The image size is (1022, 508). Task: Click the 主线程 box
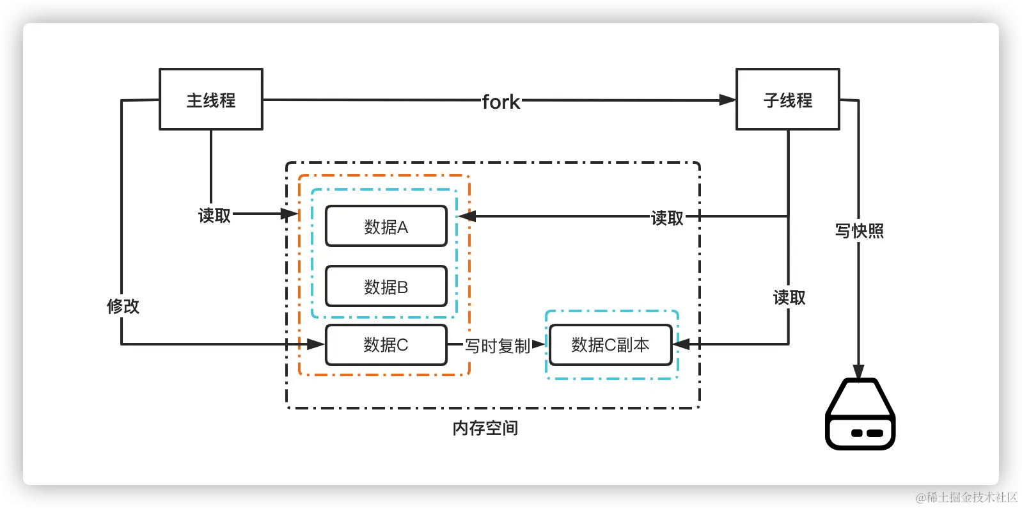[211, 99]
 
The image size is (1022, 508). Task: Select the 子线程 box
[787, 99]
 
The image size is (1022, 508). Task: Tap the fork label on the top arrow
[501, 102]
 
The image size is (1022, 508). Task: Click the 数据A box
[386, 226]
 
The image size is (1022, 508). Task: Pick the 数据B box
[386, 286]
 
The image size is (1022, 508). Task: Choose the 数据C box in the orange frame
[386, 345]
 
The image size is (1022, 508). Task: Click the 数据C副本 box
[610, 345]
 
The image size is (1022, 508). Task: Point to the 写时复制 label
[497, 345]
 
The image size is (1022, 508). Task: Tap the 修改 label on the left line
[123, 306]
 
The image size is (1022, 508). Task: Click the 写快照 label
[859, 231]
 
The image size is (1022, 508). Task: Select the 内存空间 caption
[485, 428]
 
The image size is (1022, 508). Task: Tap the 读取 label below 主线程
[214, 216]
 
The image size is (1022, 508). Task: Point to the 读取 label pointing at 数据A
[667, 218]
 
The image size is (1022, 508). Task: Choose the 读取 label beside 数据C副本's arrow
[789, 298]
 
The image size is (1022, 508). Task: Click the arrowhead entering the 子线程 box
[727, 100]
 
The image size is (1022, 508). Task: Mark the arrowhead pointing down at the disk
[858, 371]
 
